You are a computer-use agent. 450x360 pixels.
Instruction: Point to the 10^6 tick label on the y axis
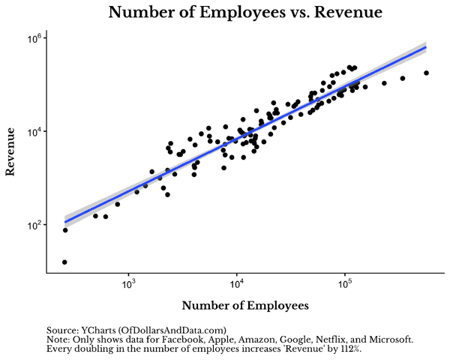click(x=37, y=38)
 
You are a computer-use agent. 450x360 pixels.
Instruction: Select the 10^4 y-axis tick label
click(x=37, y=131)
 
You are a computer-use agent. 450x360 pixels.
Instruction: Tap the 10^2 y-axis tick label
click(x=37, y=224)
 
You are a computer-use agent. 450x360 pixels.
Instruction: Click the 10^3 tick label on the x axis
click(x=129, y=284)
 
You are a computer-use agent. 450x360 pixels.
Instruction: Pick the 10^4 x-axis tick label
click(x=237, y=284)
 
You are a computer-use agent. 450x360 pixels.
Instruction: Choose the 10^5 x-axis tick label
click(x=346, y=284)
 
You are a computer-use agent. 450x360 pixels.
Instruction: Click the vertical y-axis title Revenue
click(x=11, y=152)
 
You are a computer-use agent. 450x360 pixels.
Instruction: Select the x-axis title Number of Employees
click(x=245, y=306)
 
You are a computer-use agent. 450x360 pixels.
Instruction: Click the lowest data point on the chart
click(x=64, y=262)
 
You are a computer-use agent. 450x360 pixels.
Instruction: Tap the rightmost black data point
click(x=426, y=73)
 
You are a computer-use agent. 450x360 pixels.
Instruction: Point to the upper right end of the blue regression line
click(x=425, y=47)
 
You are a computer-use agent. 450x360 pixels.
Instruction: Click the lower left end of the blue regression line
click(x=65, y=221)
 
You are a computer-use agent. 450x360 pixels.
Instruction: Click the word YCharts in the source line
click(x=100, y=330)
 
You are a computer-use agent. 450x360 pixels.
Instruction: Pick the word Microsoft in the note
click(x=388, y=340)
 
